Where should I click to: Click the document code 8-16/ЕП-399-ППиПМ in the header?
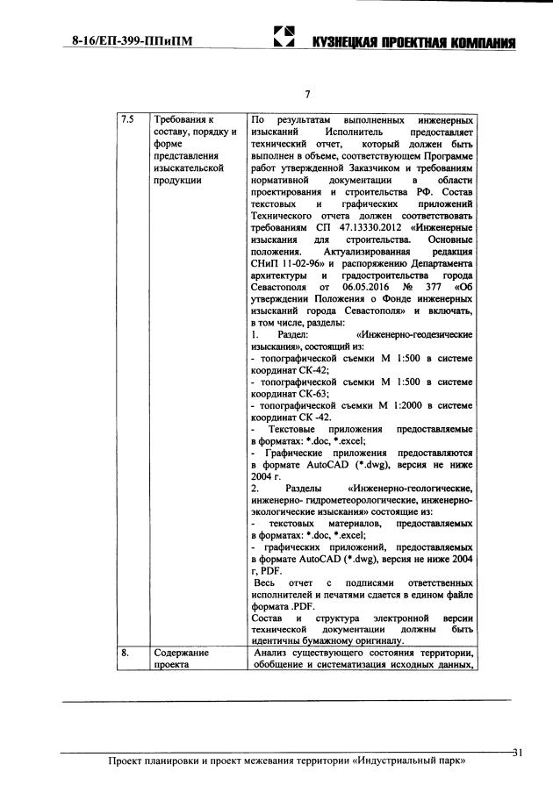click(x=131, y=40)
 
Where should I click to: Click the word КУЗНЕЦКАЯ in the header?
click(x=338, y=42)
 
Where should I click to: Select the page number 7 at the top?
click(x=307, y=94)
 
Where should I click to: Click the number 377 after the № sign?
click(x=437, y=286)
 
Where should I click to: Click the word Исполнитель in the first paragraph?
click(x=345, y=131)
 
